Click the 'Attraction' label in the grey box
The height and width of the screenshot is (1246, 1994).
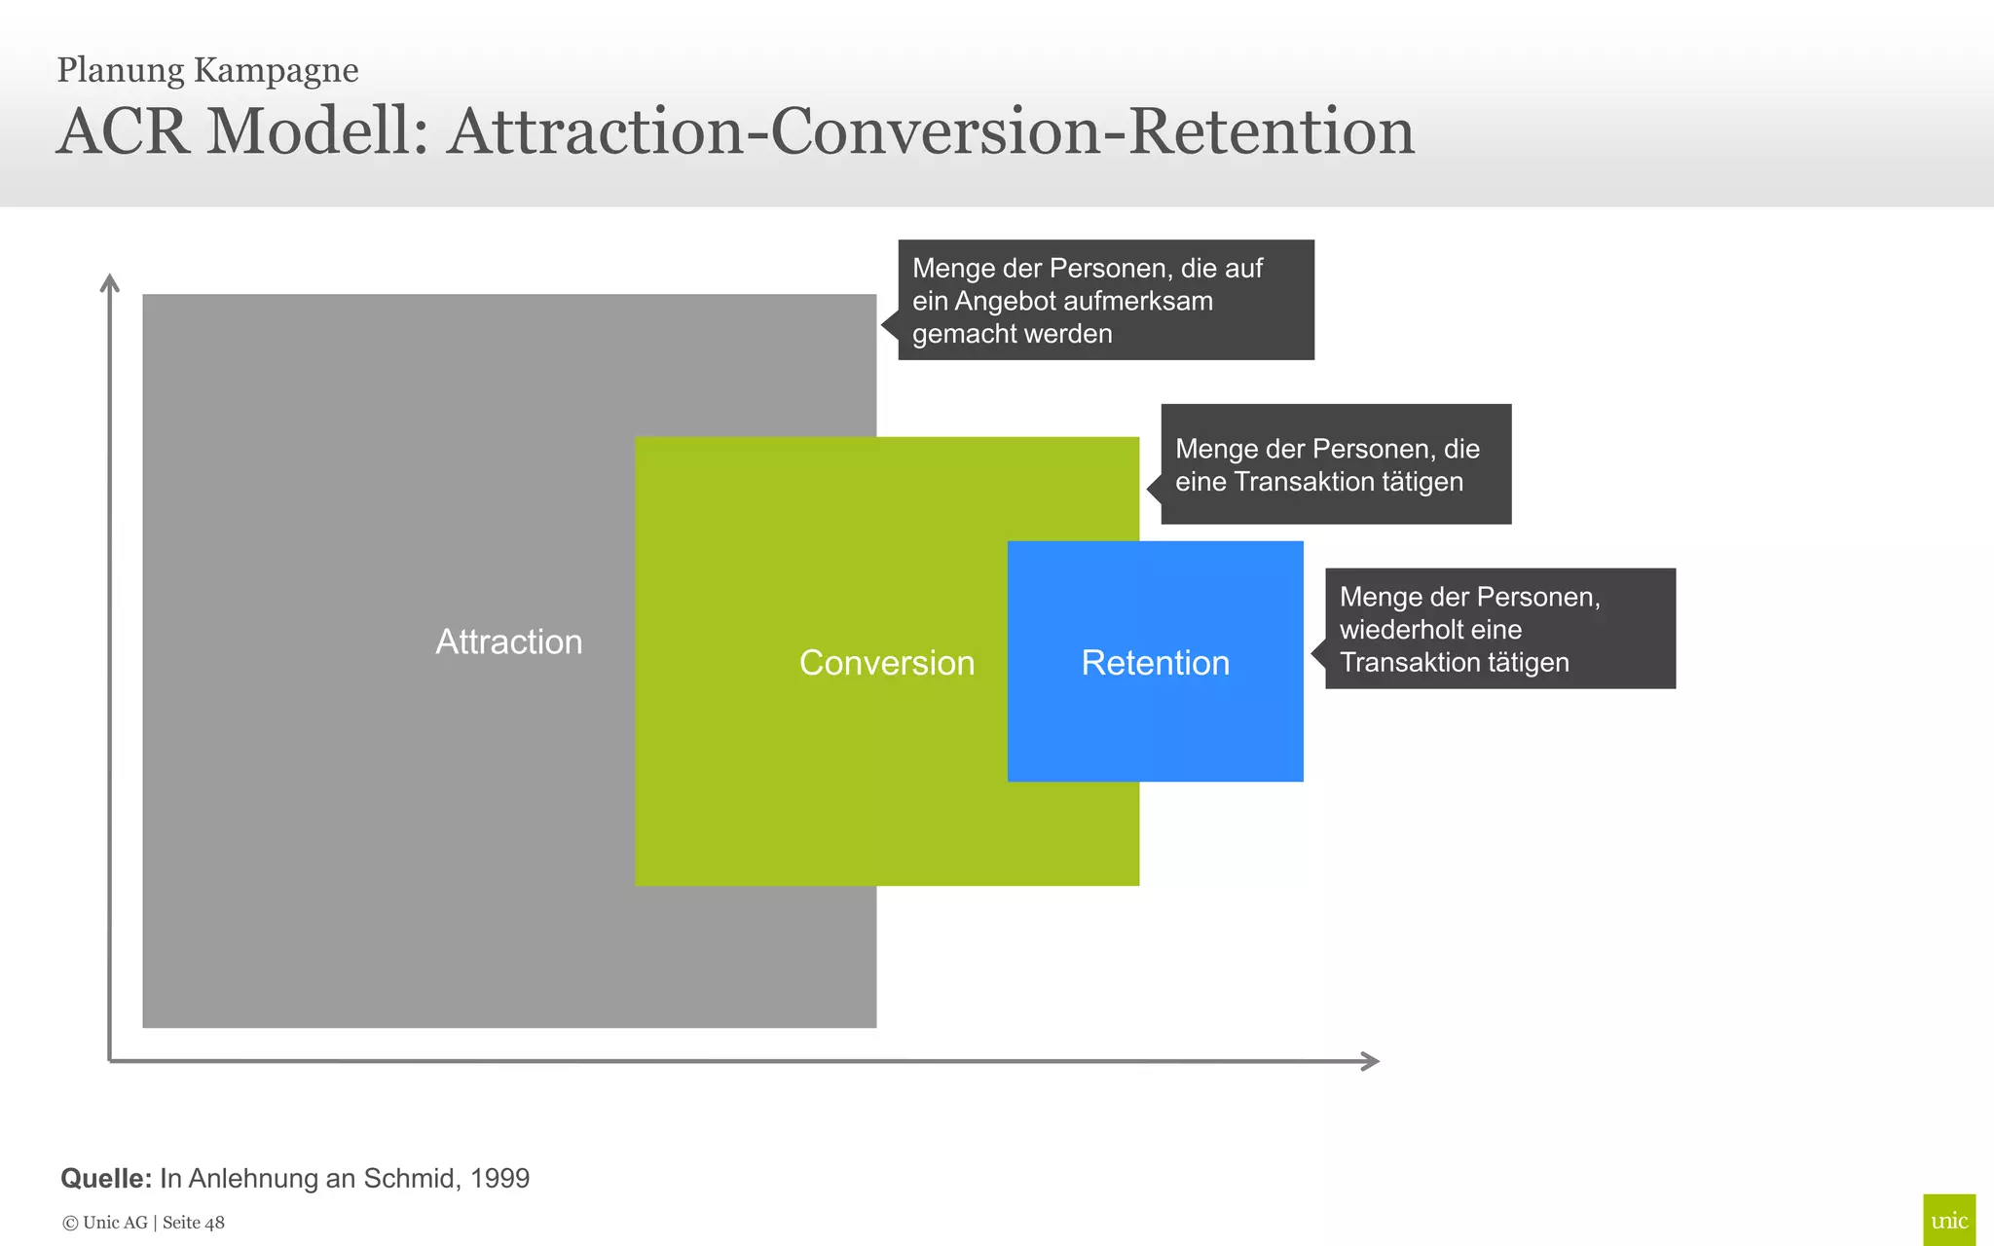point(508,641)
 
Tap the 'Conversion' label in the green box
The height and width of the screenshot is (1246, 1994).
point(886,663)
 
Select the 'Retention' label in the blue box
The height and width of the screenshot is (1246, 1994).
point(1155,663)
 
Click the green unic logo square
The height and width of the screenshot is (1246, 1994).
point(1948,1220)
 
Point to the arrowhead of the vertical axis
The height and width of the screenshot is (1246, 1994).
point(110,280)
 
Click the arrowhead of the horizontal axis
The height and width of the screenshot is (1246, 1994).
point(1373,1061)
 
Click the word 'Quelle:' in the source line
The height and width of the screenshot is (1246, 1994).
point(106,1179)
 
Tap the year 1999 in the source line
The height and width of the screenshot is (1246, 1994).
point(499,1179)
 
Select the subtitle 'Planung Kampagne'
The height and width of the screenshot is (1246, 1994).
point(207,70)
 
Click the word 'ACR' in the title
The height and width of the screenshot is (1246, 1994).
point(123,131)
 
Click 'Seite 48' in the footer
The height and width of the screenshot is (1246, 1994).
point(193,1223)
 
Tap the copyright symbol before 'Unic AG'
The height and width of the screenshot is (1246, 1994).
point(70,1224)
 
